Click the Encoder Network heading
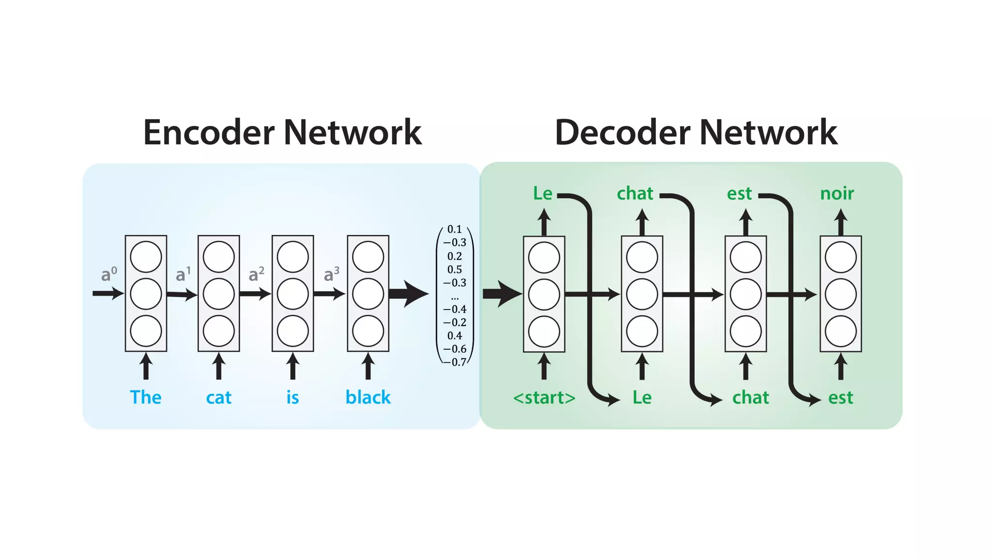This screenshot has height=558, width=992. tap(282, 132)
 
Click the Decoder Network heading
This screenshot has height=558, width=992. tap(696, 132)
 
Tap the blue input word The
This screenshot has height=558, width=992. tap(146, 397)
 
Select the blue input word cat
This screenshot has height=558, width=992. tap(218, 398)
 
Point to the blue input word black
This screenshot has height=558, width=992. tap(368, 397)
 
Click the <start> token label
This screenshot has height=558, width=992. tap(544, 398)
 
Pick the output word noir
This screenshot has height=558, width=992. tap(837, 193)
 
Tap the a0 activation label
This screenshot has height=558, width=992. tap(108, 274)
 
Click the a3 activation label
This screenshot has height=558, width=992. tap(331, 274)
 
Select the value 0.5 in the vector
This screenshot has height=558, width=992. tap(454, 269)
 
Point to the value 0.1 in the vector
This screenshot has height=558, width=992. tap(454, 229)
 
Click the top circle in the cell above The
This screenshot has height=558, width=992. tap(146, 257)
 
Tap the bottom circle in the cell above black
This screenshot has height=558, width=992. tap(368, 331)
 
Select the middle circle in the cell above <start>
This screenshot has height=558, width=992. tap(544, 294)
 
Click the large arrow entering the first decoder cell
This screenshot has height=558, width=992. tap(502, 294)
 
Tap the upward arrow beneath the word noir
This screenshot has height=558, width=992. tap(841, 222)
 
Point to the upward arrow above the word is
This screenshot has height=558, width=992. tap(293, 366)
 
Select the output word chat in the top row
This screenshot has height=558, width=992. tap(635, 193)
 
